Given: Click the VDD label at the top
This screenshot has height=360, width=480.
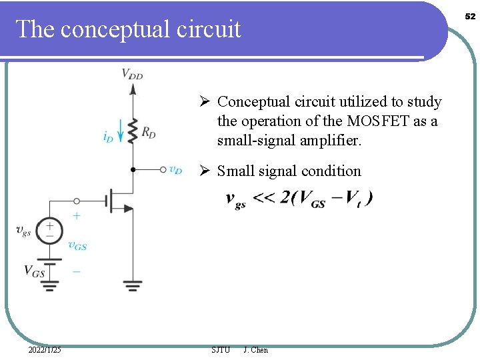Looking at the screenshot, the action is coord(132,74).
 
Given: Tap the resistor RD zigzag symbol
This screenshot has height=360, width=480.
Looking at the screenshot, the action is coord(133,129).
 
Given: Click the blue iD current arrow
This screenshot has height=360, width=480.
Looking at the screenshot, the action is coord(121,131).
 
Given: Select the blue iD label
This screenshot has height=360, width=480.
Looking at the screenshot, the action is coord(108,137).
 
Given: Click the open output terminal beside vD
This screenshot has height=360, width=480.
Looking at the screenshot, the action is coord(163,169).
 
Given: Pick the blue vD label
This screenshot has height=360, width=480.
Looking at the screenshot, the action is coord(175,170).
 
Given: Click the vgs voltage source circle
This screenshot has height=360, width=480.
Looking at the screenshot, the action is coord(50,231).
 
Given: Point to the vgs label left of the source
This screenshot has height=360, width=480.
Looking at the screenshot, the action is coord(23,231).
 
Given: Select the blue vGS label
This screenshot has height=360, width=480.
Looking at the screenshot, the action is coord(77,245).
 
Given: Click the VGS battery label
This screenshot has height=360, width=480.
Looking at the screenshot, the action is coord(34,271).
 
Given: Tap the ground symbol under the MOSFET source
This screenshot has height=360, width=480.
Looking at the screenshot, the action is coord(133,286).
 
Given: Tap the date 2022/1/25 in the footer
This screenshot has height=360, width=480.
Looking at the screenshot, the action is coord(45,350).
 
